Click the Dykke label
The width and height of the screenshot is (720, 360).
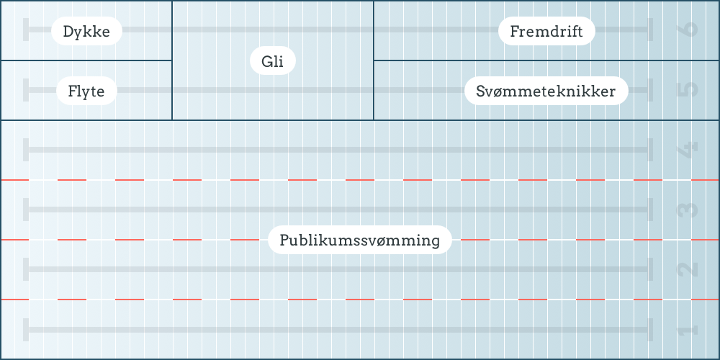[86, 32]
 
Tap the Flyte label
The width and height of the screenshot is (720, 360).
[86, 91]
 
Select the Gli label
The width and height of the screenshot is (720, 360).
[273, 62]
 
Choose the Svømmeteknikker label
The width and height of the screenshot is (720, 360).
[546, 91]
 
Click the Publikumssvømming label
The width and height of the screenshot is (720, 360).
[359, 240]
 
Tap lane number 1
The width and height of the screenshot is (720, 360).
[688, 330]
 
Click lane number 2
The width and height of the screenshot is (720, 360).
[688, 270]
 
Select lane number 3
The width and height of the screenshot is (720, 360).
[688, 210]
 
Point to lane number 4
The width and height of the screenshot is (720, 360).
[688, 150]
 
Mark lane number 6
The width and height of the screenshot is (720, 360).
[688, 30]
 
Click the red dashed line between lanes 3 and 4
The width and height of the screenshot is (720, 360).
[360, 179]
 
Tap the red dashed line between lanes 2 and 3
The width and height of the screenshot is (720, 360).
[360, 239]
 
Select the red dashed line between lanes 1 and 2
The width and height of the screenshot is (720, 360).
[360, 299]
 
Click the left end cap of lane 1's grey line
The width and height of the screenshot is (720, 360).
[26, 330]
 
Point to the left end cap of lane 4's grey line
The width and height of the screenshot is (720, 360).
[26, 150]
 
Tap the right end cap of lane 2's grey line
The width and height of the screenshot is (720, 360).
[650, 269]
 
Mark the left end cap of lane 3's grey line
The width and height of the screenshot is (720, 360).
[26, 210]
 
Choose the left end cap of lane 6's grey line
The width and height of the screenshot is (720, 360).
[26, 30]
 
